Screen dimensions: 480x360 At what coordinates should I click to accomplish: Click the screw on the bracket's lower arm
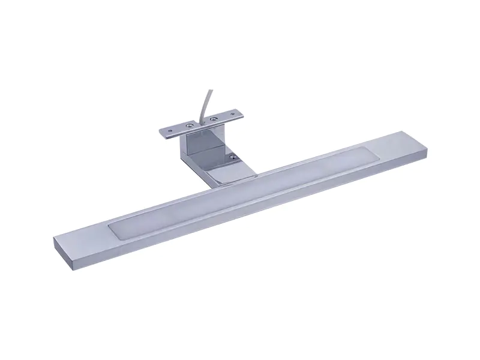pos(232,157)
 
